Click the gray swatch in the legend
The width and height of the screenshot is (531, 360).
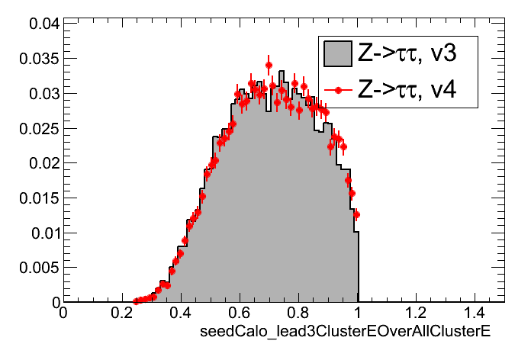point(336,54)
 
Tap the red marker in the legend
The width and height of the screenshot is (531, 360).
point(336,90)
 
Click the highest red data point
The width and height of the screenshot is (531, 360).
point(269,65)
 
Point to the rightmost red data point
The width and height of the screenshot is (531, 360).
point(356,214)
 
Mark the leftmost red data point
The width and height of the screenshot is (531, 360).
point(136,301)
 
